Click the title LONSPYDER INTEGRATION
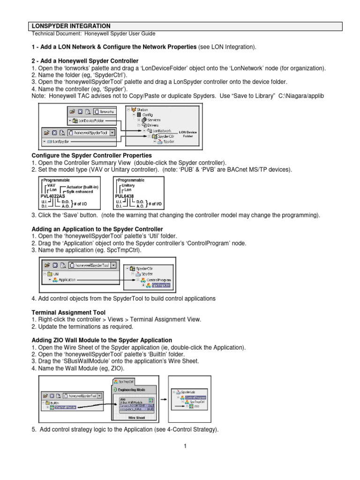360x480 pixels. (x=71, y=26)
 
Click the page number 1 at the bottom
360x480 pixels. (x=185, y=446)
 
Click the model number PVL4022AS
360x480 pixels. (x=50, y=196)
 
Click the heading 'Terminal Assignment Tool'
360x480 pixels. (x=68, y=312)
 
